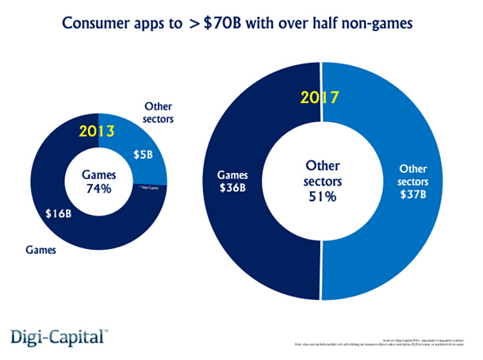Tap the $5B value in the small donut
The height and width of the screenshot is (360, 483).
[143, 155]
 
